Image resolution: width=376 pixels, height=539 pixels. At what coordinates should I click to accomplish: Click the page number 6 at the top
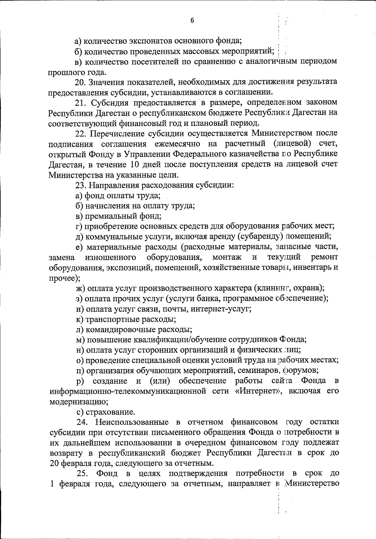(x=192, y=21)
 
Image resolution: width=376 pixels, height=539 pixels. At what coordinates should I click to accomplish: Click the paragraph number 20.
(x=80, y=82)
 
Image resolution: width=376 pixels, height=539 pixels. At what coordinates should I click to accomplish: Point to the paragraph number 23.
(x=80, y=185)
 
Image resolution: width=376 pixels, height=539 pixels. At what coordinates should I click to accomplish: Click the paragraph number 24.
(x=82, y=422)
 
